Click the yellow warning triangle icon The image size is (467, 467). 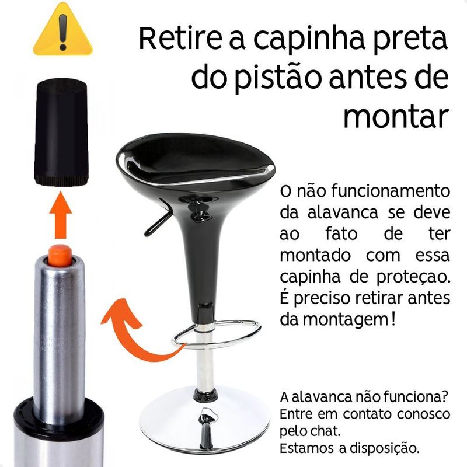(62, 30)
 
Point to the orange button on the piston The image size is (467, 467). (60, 255)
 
